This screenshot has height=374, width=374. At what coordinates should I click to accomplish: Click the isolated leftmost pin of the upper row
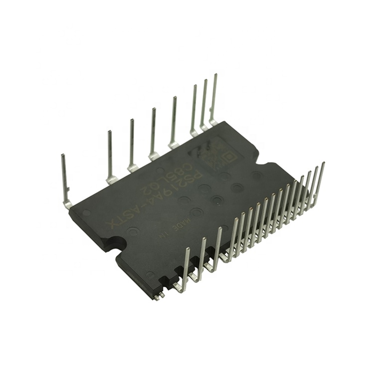coord(65,180)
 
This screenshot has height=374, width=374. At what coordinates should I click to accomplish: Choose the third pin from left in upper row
coord(132,145)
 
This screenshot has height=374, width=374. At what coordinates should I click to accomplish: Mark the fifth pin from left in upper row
coord(174,122)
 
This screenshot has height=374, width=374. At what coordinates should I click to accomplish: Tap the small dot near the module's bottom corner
coord(150,274)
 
